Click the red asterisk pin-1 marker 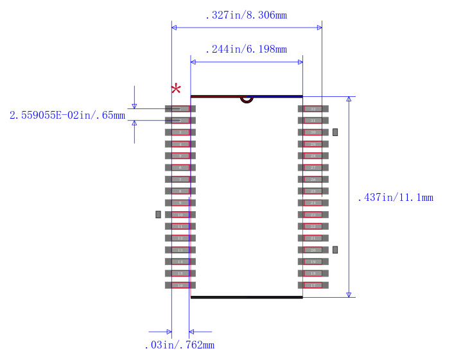click(175, 89)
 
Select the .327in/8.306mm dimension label click(246, 15)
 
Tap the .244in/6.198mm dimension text click(246, 49)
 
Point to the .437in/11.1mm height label click(395, 198)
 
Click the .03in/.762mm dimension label click(179, 345)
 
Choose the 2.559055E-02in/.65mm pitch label click(67, 116)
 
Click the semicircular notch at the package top click(247, 99)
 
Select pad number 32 click(313, 109)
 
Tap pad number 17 click(313, 285)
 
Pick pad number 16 click(180, 285)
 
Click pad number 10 click(180, 214)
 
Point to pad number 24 click(313, 203)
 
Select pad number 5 click(180, 156)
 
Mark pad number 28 click(313, 156)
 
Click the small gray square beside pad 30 click(335, 132)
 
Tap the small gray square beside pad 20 click(335, 250)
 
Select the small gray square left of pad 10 click(158, 214)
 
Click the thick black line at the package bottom click(247, 297)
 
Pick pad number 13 click(180, 250)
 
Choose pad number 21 click(313, 238)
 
